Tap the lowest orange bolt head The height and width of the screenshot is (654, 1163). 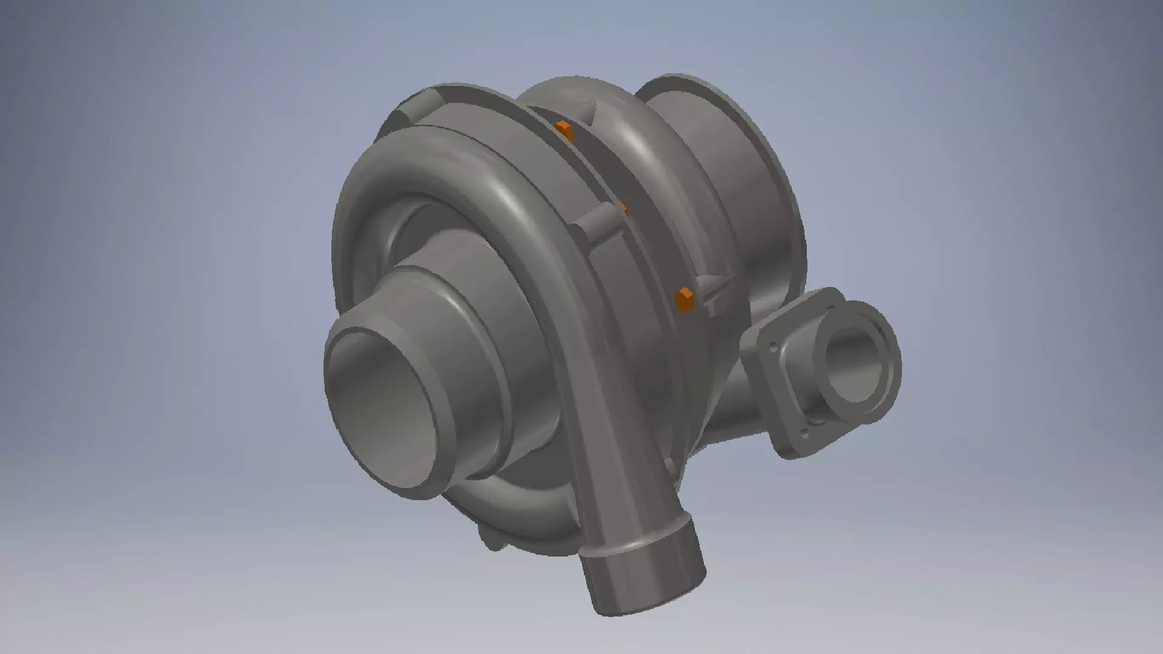click(x=684, y=299)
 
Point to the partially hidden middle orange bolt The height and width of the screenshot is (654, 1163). click(x=622, y=209)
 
